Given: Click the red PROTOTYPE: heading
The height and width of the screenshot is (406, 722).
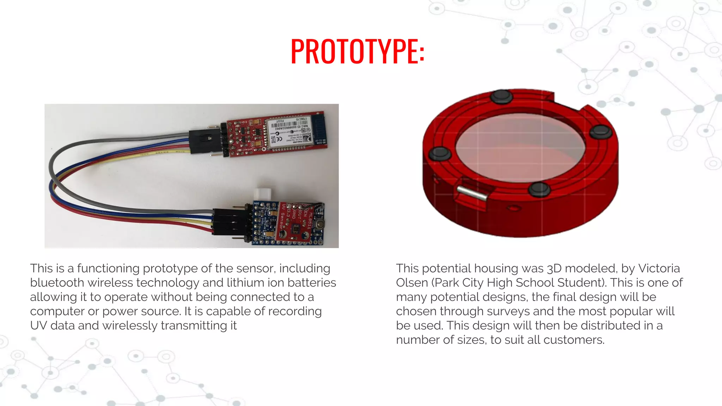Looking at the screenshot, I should click(357, 51).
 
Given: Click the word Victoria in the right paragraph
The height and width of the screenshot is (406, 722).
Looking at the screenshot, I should click(659, 269).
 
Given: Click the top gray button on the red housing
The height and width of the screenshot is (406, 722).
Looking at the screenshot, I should click(501, 97).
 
